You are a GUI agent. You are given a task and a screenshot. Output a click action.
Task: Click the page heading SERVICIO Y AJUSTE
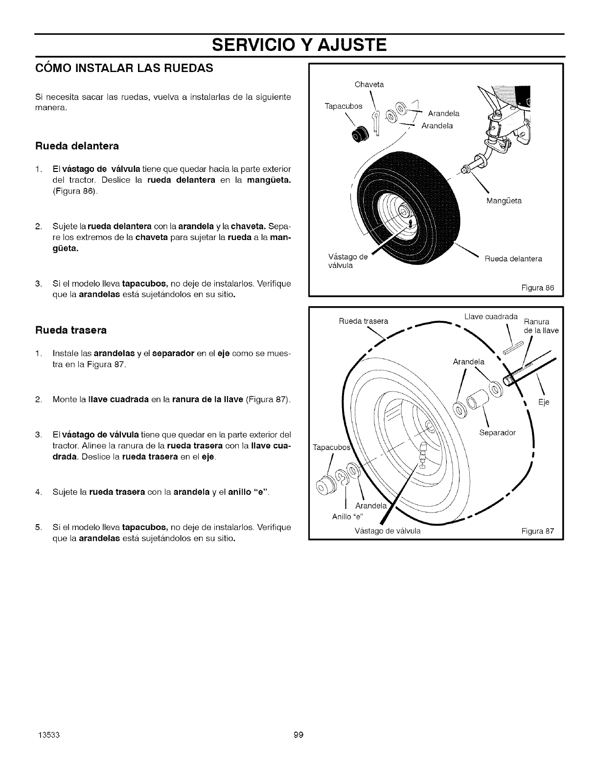coord(299,45)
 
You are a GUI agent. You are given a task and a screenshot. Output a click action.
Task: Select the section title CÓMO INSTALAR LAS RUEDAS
coord(124,68)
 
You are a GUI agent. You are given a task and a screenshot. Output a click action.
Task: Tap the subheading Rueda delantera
coord(77,146)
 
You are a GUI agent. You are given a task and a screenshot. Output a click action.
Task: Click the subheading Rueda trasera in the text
coord(71,330)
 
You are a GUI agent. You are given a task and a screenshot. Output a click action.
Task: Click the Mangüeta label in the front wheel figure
coord(504,201)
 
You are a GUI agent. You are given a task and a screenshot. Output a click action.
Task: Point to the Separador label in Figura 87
coord(497,433)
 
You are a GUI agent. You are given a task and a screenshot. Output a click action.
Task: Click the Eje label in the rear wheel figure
coord(544,402)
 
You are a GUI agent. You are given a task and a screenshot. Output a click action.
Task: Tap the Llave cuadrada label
coord(490,316)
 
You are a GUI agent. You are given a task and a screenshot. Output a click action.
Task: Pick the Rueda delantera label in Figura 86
coord(513,259)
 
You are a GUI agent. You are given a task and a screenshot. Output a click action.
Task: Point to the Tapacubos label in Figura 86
coord(343,107)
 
